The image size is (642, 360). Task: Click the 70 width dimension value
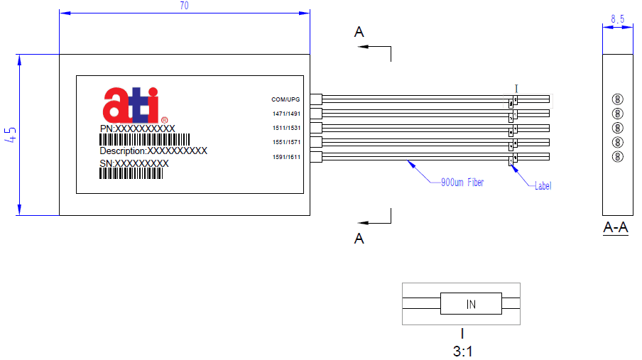pos(185,6)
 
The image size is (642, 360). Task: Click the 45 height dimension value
pos(10,135)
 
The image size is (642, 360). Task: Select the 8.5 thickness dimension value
pos(617,20)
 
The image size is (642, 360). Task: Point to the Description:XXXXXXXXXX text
pos(153,151)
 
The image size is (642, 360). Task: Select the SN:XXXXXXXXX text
pos(134,163)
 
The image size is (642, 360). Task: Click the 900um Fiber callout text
pos(462,183)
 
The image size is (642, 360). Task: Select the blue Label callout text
pos(542,186)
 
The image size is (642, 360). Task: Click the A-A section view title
pos(615,228)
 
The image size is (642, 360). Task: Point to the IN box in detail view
pos(471,305)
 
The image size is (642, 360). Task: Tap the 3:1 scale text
pos(462,350)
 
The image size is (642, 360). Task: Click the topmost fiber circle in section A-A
pos(617,99)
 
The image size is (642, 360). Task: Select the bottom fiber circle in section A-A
pos(617,156)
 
